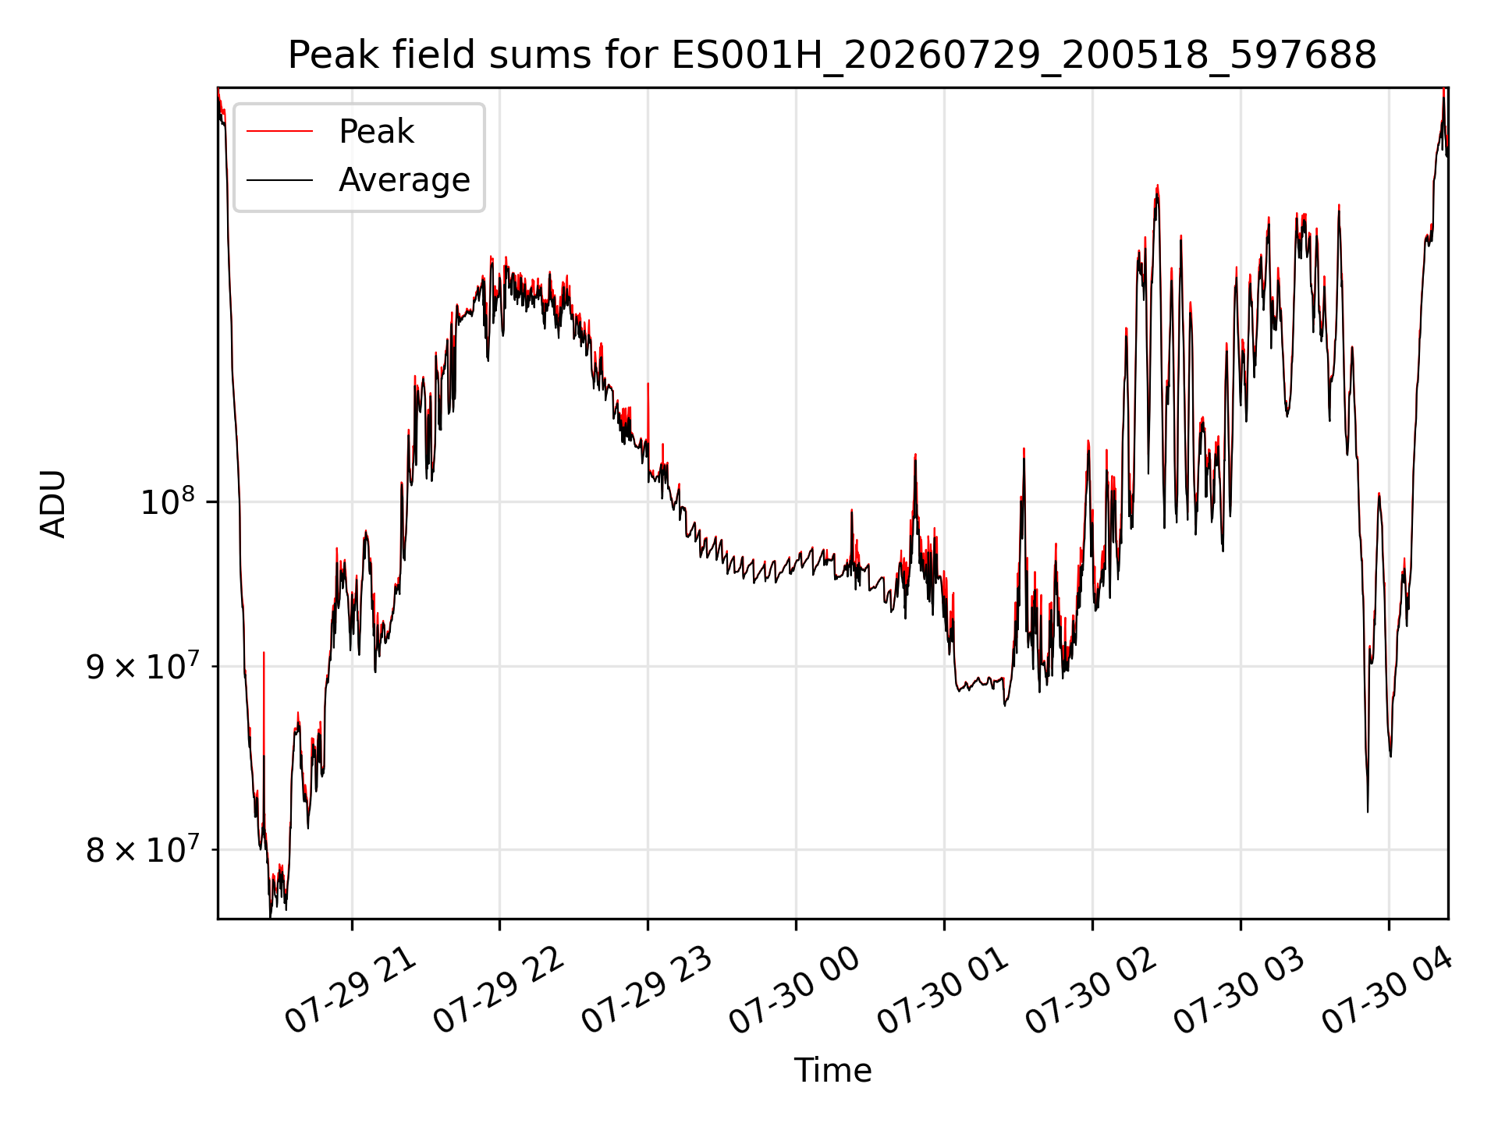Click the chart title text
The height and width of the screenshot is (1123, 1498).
pos(832,55)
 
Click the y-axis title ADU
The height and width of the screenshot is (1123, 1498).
pos(53,504)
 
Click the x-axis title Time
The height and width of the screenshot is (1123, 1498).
pos(832,1070)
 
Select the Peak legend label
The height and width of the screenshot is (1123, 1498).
pos(376,132)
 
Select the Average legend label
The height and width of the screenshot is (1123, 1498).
pos(404,180)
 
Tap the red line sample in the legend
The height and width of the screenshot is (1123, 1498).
pos(279,132)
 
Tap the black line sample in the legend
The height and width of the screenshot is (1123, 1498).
pos(279,180)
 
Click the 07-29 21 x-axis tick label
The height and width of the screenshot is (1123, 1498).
pos(351,990)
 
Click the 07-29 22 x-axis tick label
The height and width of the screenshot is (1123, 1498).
pos(499,990)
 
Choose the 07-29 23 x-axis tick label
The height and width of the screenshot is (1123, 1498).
pos(648,990)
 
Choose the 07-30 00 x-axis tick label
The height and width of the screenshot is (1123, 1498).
pos(796,990)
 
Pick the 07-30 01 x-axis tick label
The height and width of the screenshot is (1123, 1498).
pos(944,990)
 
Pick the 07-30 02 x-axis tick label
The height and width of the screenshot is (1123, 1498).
pos(1092,990)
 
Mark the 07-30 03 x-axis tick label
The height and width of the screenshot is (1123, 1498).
pos(1241,990)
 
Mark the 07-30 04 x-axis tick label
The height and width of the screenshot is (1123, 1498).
pos(1389,990)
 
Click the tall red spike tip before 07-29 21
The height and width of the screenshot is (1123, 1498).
pos(264,652)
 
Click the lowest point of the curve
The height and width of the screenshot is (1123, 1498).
pos(271,917)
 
